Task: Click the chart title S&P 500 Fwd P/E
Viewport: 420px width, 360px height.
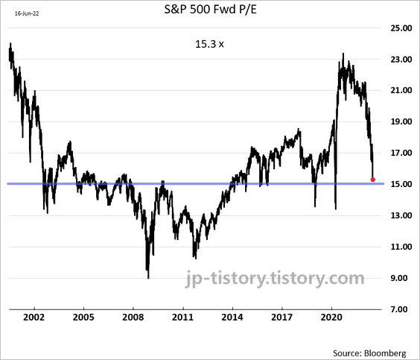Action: [x=210, y=10]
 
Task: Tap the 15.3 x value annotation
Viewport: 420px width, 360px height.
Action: [x=209, y=44]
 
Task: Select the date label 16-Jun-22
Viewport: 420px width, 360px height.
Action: [x=27, y=13]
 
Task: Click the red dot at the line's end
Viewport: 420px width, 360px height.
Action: [x=372, y=180]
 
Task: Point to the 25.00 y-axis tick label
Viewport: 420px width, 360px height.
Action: [x=401, y=28]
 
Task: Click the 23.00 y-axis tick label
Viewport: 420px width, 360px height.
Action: [x=401, y=59]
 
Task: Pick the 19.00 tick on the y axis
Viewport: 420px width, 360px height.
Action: [x=401, y=121]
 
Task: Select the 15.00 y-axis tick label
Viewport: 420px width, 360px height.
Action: [x=401, y=184]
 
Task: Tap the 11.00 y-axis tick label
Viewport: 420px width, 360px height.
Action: [x=401, y=247]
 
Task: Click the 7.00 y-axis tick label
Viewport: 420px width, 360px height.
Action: [x=401, y=309]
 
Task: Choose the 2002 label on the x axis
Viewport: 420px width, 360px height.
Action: [x=34, y=318]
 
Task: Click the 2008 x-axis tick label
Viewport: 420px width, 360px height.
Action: [x=133, y=318]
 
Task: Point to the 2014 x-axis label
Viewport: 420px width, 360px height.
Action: [x=232, y=318]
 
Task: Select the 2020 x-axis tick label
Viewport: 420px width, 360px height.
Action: [x=331, y=318]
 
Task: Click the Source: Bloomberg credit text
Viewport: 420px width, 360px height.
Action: [x=369, y=353]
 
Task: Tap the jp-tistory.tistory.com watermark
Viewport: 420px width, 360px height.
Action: [x=275, y=279]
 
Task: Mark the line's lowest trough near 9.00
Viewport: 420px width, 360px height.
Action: [x=148, y=278]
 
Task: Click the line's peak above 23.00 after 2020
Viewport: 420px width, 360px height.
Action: [x=343, y=54]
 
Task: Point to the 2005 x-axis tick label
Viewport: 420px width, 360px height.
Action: [x=83, y=318]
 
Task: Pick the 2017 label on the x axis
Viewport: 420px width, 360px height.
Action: [x=281, y=318]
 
